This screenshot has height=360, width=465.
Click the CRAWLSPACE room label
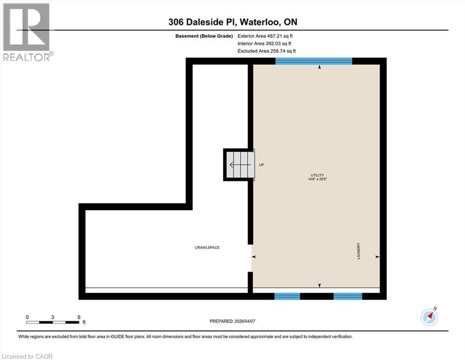[x=207, y=247]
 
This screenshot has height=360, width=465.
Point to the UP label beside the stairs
[x=261, y=165]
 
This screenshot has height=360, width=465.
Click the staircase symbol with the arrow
[x=239, y=165]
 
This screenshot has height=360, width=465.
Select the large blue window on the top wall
[x=313, y=61]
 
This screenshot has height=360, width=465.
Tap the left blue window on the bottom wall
[x=287, y=296]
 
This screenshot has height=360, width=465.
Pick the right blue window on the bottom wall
[x=347, y=296]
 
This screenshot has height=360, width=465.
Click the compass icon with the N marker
[x=429, y=317]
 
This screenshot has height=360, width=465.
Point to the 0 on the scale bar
[x=27, y=317]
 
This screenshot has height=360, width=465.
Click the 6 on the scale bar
[x=79, y=317]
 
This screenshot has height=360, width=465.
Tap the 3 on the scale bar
[x=53, y=317]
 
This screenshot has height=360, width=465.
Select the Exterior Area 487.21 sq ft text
[x=265, y=36]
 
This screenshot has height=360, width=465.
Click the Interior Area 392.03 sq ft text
[x=265, y=43]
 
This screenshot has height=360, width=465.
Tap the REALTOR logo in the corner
[x=27, y=32]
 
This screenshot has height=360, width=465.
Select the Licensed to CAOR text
[x=27, y=356]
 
